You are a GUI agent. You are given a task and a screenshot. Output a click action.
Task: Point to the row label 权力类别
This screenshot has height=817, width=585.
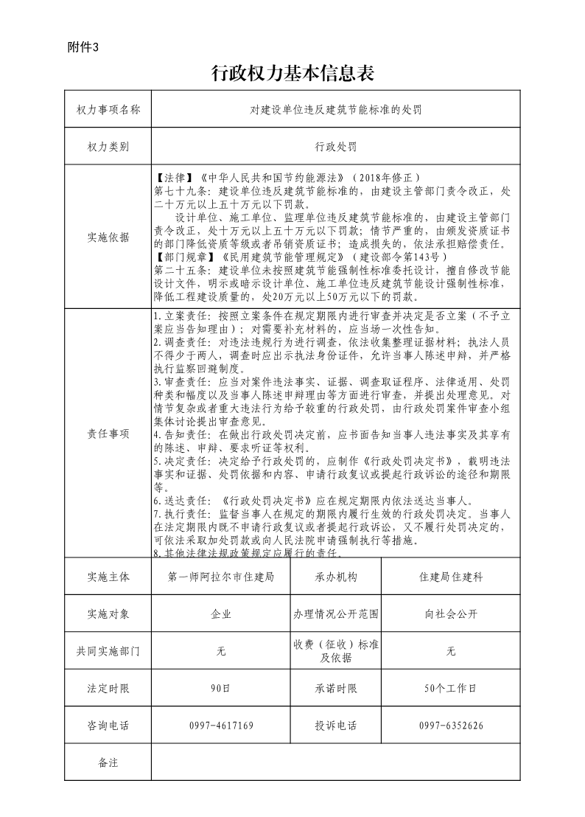[x=108, y=147]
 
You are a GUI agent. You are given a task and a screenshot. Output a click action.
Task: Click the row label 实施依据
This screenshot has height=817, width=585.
[x=108, y=237]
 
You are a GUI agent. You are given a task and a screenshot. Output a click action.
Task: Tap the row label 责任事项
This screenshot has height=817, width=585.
[x=108, y=433]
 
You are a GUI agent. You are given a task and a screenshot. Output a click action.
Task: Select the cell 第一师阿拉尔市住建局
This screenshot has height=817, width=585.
[x=221, y=577]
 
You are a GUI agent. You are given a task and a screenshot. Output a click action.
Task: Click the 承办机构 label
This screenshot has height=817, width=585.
[x=336, y=577]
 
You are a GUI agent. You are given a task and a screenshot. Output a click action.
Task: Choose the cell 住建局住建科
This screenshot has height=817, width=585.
[x=451, y=577]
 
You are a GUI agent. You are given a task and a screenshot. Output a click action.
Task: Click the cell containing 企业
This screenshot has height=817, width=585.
[x=221, y=613]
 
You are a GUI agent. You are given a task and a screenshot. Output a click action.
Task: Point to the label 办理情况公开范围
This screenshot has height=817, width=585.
[x=336, y=613]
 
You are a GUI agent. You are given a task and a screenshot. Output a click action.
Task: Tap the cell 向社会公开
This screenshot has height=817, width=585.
[x=451, y=613]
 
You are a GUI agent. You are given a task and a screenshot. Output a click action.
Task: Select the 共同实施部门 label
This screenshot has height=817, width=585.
[x=108, y=651]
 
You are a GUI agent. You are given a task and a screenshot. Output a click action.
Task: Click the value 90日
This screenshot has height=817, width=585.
[x=221, y=688]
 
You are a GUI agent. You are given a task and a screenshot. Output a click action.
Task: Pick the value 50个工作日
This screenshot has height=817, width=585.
[x=451, y=688]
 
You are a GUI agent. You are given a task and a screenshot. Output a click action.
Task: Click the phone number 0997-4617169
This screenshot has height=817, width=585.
[x=221, y=726]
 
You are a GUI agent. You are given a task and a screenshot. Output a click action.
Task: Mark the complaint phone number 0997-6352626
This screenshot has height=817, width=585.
[x=451, y=726]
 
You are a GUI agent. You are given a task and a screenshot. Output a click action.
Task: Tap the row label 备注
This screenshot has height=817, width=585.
[x=108, y=762]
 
